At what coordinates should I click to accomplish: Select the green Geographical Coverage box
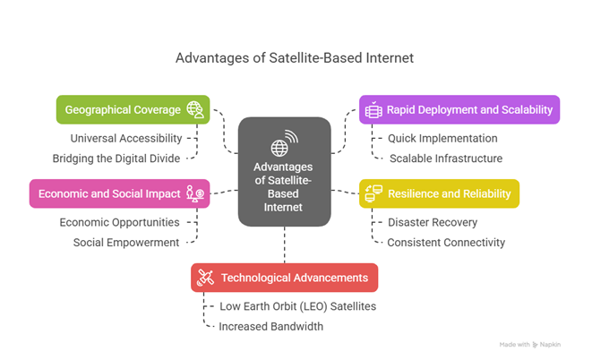(x=133, y=109)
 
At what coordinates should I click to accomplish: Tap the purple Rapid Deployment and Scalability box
(x=459, y=109)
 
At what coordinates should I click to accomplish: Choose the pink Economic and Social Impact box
(x=119, y=193)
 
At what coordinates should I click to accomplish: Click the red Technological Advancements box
(x=284, y=278)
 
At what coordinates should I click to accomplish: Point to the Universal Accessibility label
(x=126, y=139)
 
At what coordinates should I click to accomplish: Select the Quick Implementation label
(x=442, y=139)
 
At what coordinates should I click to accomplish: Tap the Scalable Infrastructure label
(x=446, y=159)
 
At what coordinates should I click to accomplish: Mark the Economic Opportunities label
(x=119, y=222)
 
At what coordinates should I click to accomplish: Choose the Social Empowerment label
(x=126, y=243)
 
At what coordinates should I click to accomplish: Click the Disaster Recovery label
(x=433, y=222)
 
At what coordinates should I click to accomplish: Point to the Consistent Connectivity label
(x=446, y=243)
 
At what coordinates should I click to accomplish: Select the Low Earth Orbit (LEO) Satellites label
(x=297, y=306)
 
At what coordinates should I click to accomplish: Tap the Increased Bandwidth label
(x=271, y=326)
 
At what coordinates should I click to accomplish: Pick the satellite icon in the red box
(x=206, y=278)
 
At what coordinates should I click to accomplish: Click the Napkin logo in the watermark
(x=536, y=344)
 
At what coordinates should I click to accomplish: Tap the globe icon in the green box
(x=195, y=109)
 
